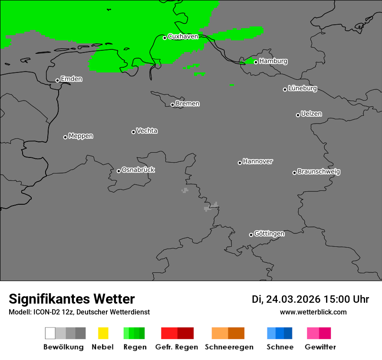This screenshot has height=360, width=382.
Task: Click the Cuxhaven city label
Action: click(x=183, y=36)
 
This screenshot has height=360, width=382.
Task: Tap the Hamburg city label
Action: click(x=273, y=61)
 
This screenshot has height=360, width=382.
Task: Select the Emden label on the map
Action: click(x=71, y=79)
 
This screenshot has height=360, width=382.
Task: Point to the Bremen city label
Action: click(x=188, y=104)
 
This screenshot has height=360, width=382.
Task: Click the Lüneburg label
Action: click(x=303, y=88)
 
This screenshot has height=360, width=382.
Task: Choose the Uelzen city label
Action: click(x=311, y=114)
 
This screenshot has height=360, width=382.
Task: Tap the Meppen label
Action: click(x=81, y=136)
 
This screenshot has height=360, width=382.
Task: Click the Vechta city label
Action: click(x=147, y=131)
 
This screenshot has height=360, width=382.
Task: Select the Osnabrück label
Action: click(x=138, y=170)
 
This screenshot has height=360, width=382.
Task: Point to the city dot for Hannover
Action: click(x=240, y=163)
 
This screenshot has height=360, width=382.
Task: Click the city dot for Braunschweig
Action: click(x=294, y=173)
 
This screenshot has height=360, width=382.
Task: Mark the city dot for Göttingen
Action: click(x=251, y=235)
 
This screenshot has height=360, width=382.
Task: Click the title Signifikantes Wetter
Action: click(x=72, y=299)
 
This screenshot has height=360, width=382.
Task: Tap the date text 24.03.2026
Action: click(x=293, y=299)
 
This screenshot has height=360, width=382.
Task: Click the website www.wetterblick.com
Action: click(x=313, y=312)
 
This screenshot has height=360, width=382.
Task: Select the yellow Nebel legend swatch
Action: click(x=103, y=333)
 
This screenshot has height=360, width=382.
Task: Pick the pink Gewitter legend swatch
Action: click(x=313, y=333)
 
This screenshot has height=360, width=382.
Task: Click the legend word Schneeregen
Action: click(x=229, y=347)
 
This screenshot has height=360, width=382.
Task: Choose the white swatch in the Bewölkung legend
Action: click(x=50, y=333)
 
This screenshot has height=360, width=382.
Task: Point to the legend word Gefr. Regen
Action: click(x=177, y=347)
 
